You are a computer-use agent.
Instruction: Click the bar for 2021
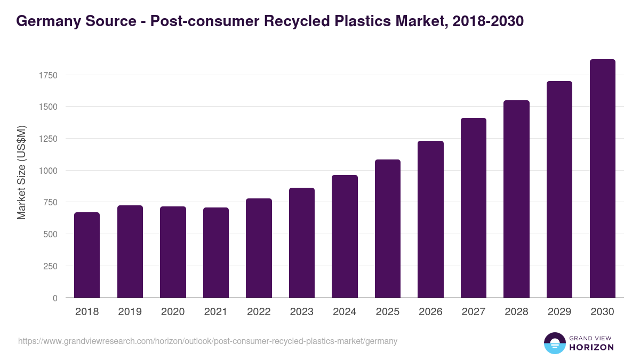216,253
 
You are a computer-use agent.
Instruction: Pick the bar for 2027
474,208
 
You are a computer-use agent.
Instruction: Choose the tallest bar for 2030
602,179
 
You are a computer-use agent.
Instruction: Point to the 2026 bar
430,219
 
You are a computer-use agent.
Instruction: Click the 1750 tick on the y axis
48,75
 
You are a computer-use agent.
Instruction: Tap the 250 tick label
51,266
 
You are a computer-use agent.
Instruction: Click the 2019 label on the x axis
130,312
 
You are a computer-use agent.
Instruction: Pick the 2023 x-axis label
302,312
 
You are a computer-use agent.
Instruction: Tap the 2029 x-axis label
559,312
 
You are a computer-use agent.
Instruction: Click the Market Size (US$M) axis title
21,172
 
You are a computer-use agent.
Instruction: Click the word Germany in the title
45,21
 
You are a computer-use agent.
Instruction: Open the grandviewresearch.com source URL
207,341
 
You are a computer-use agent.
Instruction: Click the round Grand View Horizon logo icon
554,343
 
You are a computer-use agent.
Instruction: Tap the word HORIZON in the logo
591,347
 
